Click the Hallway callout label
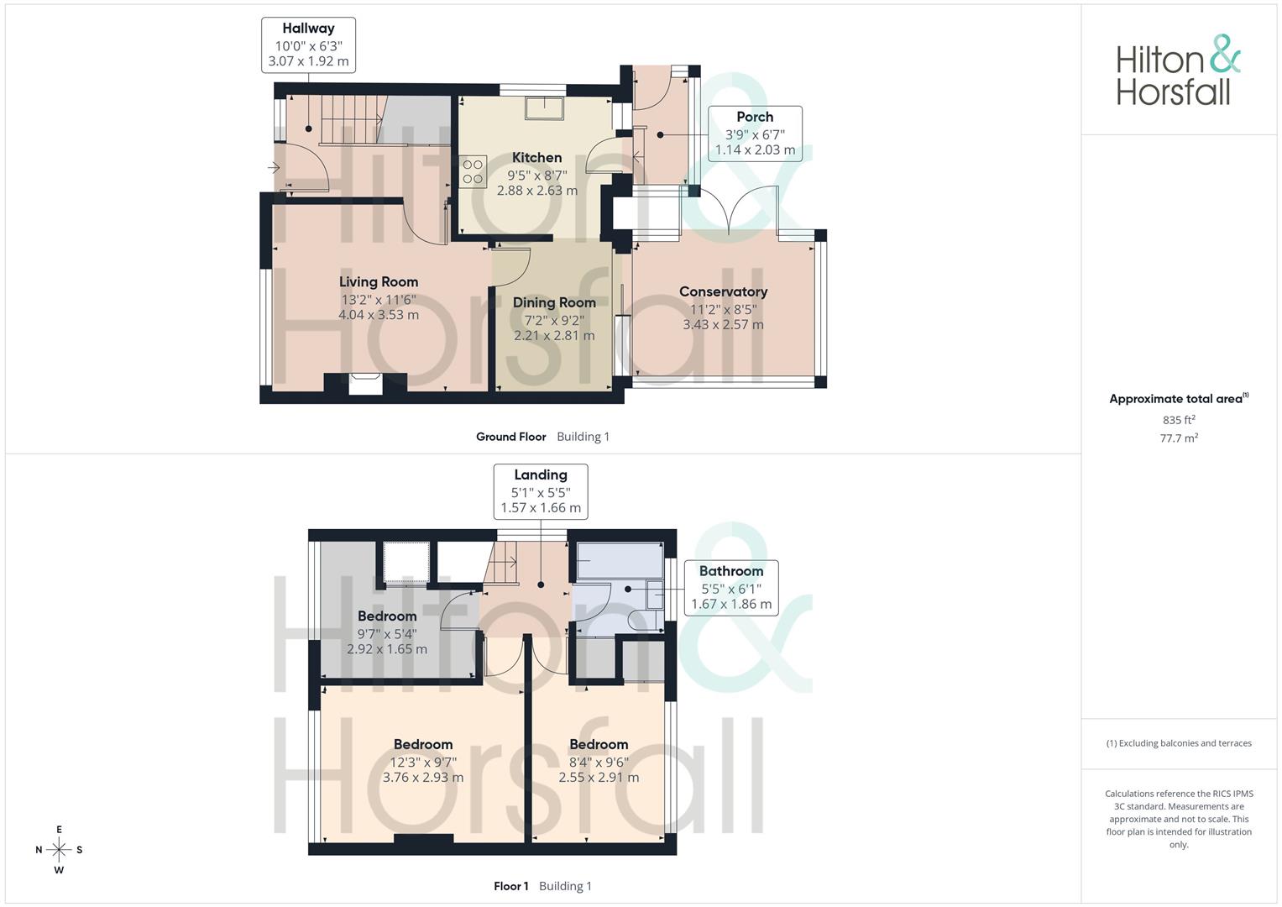click(x=308, y=45)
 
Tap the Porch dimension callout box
click(x=755, y=134)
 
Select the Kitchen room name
click(x=536, y=158)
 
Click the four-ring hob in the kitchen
click(x=473, y=172)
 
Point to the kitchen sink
click(x=544, y=109)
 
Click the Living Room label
click(x=379, y=281)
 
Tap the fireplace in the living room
click(x=366, y=384)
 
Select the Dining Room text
click(x=554, y=302)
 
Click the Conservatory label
click(x=724, y=291)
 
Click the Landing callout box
click(x=541, y=492)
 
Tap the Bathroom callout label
click(x=731, y=588)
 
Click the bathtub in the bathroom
click(x=620, y=560)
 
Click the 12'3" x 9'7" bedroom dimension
click(x=423, y=763)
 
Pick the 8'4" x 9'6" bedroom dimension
click(x=599, y=763)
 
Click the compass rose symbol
click(x=59, y=850)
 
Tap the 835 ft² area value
click(x=1179, y=420)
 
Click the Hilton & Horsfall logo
click(x=1178, y=70)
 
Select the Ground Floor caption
click(x=511, y=437)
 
